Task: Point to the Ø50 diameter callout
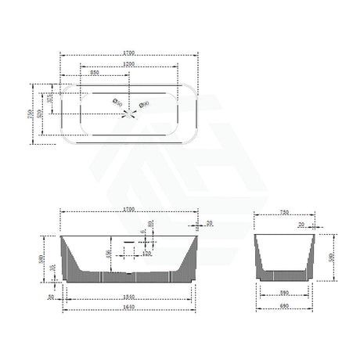pyautogui.click(x=117, y=101)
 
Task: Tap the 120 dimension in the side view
pyautogui.click(x=146, y=254)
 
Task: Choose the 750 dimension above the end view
pyautogui.click(x=284, y=211)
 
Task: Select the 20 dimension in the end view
pyautogui.click(x=302, y=224)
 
